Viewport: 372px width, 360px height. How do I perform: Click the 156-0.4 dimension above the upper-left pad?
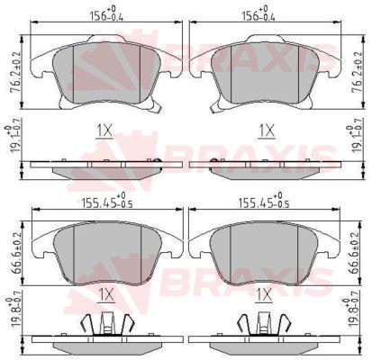pos(106,15)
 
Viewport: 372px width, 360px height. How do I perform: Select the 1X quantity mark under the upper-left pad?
pos(105,131)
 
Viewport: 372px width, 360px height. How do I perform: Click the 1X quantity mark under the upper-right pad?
pos(266,131)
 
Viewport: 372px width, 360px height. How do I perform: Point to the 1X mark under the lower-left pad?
pos(105,293)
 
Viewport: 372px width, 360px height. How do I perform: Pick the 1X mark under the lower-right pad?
pos(264,293)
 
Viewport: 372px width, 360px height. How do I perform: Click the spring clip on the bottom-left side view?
pos(105,326)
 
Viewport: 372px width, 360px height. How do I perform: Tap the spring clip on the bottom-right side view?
pos(264,326)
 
